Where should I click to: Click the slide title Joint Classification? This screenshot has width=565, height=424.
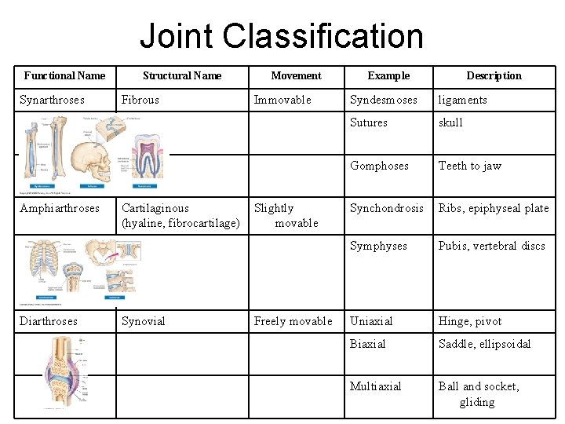click(282, 36)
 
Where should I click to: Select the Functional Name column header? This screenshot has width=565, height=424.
click(64, 76)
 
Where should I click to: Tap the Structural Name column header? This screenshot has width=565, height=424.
click(182, 76)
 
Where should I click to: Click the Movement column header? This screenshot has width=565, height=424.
click(296, 76)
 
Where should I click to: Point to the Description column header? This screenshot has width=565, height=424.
click(494, 76)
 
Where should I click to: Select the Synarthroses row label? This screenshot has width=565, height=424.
click(52, 100)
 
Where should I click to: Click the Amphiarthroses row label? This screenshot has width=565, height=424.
click(60, 208)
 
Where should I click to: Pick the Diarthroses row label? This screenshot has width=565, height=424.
click(49, 321)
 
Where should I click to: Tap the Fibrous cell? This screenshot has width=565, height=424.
click(140, 100)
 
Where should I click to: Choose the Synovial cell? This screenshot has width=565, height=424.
click(144, 321)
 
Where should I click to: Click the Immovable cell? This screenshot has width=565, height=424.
click(282, 100)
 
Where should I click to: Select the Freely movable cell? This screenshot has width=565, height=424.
click(293, 321)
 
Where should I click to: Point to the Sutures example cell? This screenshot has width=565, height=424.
click(369, 122)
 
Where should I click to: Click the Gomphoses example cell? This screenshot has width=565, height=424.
click(379, 166)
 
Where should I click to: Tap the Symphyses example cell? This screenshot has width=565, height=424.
click(378, 246)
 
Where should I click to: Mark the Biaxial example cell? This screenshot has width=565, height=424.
click(368, 344)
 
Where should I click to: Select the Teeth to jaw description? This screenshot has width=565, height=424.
click(469, 166)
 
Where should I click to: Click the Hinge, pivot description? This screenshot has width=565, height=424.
click(470, 321)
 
